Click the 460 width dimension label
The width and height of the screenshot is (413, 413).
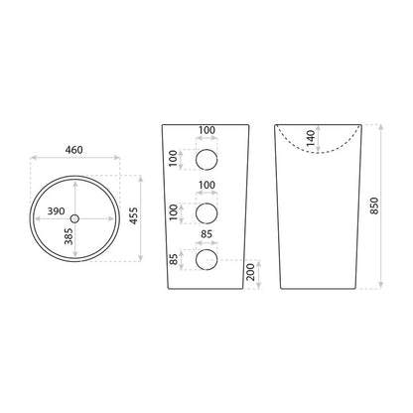[73, 150]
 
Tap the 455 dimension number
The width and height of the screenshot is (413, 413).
[133, 215]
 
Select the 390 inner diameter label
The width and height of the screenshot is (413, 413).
[56, 210]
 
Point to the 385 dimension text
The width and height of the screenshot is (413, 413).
[69, 236]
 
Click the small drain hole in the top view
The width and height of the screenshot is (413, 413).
[74, 218]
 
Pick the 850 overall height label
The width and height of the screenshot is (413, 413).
[374, 206]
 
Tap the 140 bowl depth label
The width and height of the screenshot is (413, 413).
[311, 138]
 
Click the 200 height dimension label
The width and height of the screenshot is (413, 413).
[251, 272]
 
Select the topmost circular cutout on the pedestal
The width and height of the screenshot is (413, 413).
[206, 160]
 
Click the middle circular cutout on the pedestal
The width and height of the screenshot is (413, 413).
[206, 213]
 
